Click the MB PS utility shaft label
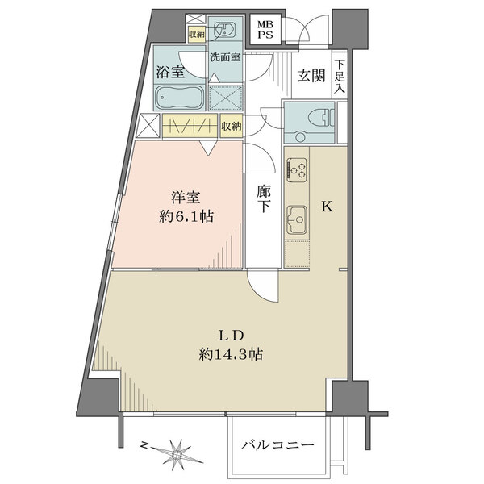coord(265,29)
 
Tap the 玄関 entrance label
coord(311,75)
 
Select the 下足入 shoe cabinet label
coord(340,77)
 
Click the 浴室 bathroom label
coord(170,72)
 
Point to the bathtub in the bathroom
coord(179,98)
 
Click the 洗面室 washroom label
coord(225,57)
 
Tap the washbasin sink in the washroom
coord(225,30)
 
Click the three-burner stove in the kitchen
coord(297,169)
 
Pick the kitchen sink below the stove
coord(297,219)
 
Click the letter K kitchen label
coord(327,207)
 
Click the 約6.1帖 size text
coord(186,216)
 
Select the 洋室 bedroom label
coord(186,198)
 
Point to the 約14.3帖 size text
coord(231,354)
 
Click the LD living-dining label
coord(232,336)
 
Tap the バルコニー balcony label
coord(277,444)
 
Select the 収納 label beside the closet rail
coord(232,126)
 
